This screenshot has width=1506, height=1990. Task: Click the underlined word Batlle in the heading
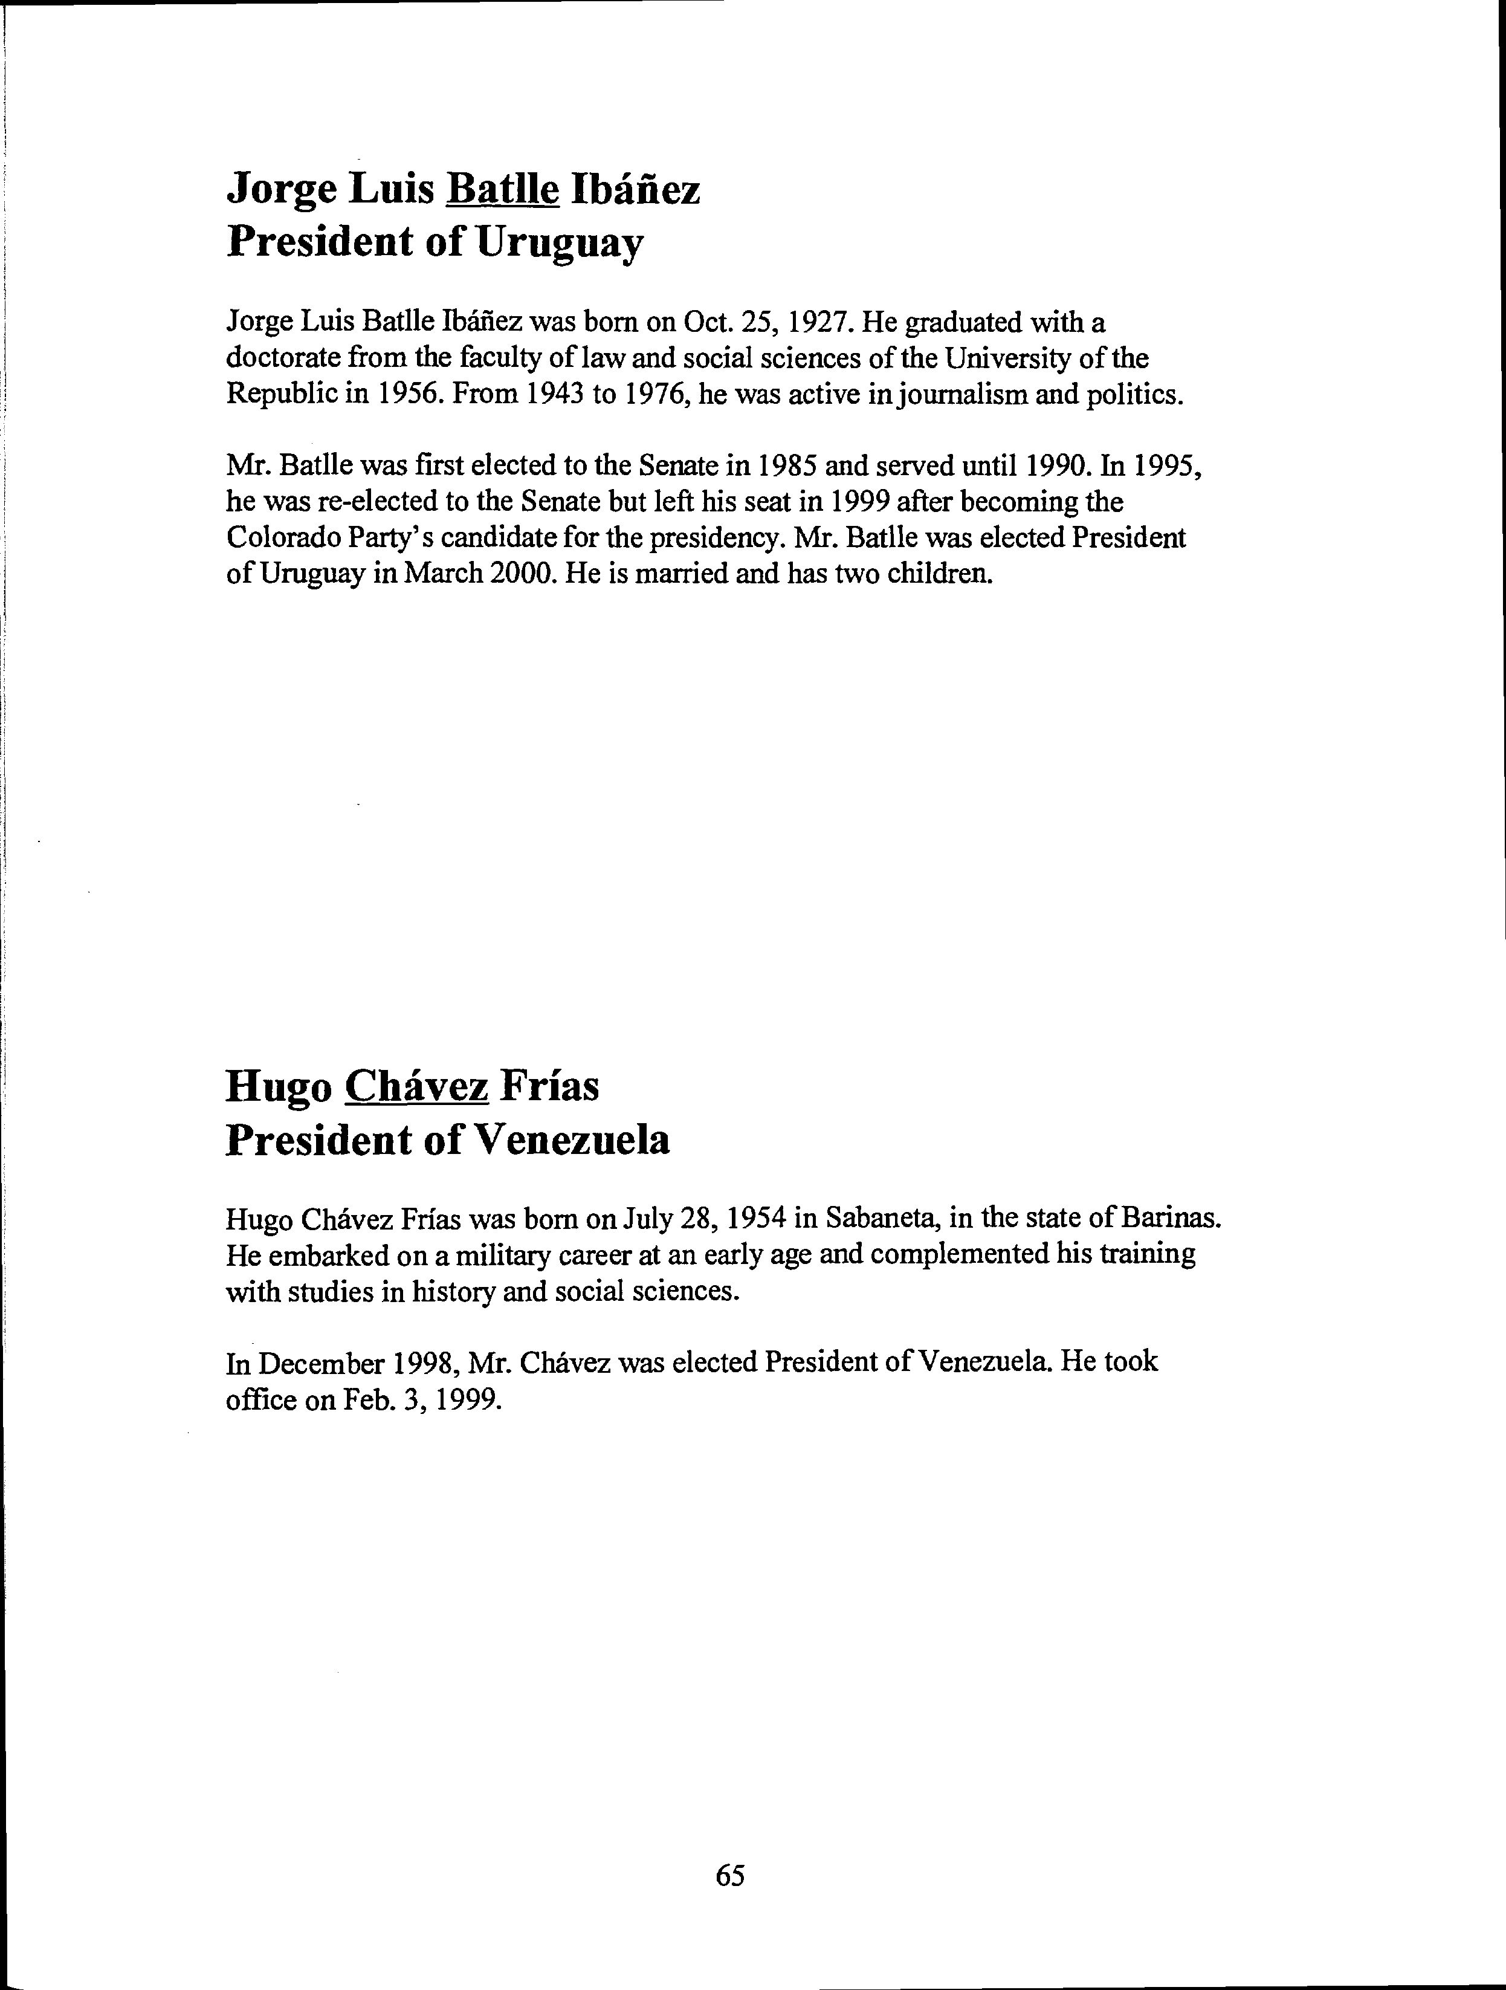pyautogui.click(x=503, y=189)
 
